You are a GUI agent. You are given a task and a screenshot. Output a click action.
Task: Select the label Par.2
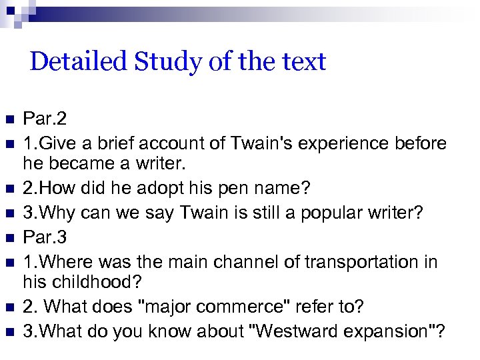click(x=45, y=119)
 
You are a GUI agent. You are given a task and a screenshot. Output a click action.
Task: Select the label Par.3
click(x=45, y=238)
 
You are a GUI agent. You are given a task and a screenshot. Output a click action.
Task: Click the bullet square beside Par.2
click(x=9, y=120)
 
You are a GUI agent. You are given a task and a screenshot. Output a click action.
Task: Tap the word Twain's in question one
click(x=260, y=143)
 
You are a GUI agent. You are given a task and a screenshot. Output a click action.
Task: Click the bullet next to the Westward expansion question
click(x=9, y=331)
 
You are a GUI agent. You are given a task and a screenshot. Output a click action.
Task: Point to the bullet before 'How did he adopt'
click(x=9, y=189)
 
